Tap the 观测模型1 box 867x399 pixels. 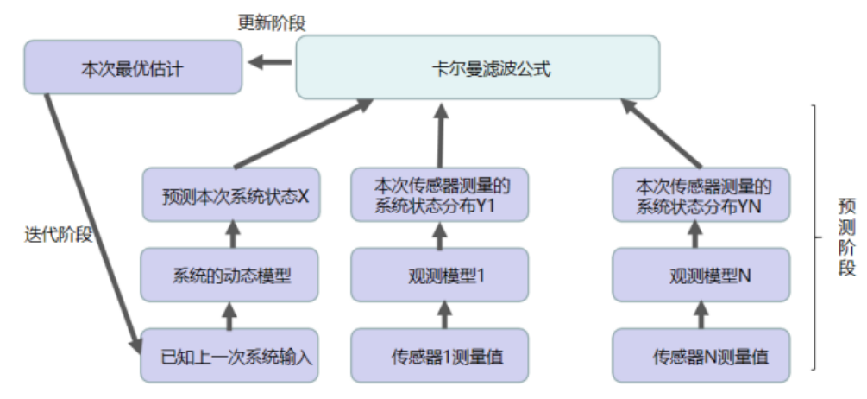pos(439,275)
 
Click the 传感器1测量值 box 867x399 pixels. pos(439,355)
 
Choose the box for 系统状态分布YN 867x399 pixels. pos(701,196)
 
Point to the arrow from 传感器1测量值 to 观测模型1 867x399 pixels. pos(440,315)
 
